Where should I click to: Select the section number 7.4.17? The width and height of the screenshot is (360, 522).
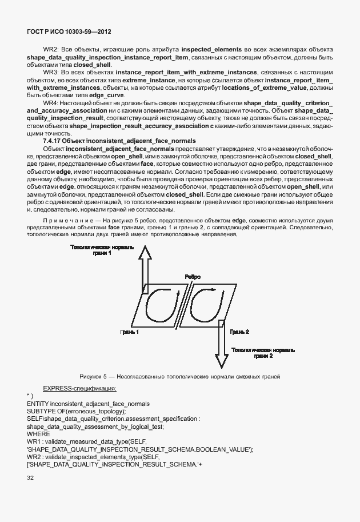(53, 141)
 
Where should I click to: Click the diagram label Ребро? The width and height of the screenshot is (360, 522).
(193, 277)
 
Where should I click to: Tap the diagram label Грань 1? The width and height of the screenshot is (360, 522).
(129, 332)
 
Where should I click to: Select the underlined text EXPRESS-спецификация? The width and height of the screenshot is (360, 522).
(79, 388)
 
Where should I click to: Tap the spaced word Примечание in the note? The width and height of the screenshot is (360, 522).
(68, 220)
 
